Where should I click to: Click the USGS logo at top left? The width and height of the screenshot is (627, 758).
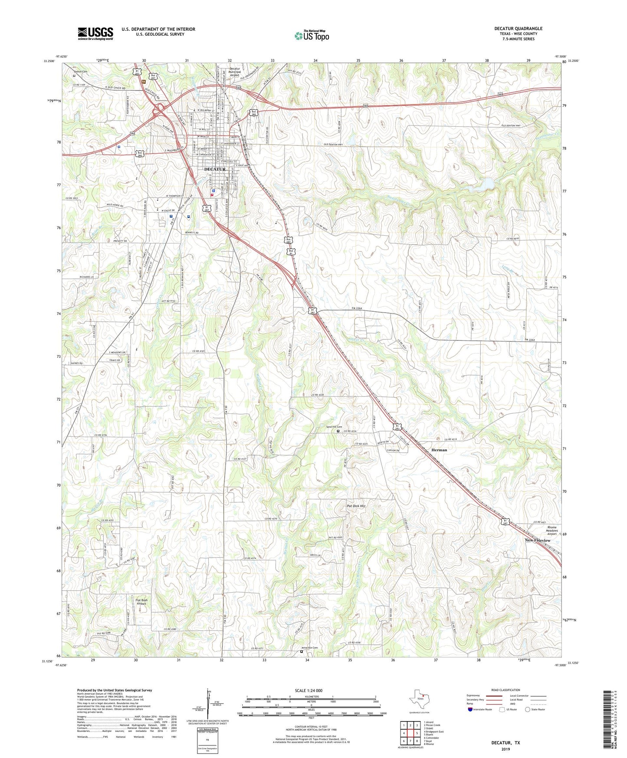tap(95, 33)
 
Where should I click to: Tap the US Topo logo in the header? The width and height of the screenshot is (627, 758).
tap(311, 36)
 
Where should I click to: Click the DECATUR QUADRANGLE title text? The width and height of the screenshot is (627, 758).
tap(518, 29)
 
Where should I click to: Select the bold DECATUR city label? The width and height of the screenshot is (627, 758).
tap(215, 169)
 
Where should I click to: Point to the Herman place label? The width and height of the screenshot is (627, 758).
tap(439, 450)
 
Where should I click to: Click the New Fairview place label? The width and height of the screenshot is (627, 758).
tap(537, 540)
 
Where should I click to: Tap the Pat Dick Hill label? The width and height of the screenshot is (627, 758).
tap(356, 506)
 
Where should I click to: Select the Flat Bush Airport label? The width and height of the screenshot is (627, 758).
tap(142, 602)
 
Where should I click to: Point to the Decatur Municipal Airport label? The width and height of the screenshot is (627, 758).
tap(234, 72)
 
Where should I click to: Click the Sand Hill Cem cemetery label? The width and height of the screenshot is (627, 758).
tap(334, 427)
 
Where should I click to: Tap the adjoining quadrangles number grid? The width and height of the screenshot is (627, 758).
tap(410, 733)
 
